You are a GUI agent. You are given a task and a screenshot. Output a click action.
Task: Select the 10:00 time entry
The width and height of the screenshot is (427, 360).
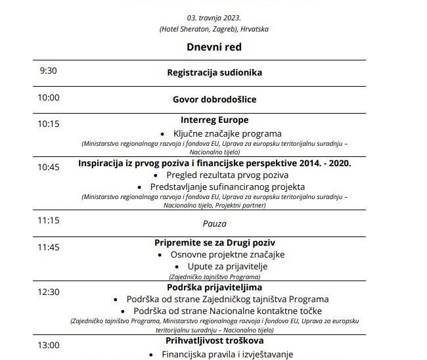click(49, 98)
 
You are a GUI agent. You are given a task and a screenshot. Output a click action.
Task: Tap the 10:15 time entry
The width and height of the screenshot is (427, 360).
click(49, 123)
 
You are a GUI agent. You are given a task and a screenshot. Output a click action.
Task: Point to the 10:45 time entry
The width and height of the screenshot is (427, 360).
click(49, 167)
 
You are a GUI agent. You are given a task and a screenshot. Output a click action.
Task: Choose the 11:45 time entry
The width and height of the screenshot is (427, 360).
click(49, 248)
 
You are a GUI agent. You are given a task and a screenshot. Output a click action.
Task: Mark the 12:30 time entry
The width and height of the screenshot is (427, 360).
click(49, 292)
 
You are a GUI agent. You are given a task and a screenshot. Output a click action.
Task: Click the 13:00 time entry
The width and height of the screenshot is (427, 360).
click(49, 344)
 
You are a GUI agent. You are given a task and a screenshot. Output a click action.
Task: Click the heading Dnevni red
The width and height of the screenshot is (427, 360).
click(213, 47)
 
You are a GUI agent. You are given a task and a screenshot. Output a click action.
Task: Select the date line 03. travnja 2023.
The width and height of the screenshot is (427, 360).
click(213, 18)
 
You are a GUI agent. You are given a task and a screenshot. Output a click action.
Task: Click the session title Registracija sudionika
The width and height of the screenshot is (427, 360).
click(214, 72)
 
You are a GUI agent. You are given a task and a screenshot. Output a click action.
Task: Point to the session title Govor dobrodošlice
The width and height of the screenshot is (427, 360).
click(214, 99)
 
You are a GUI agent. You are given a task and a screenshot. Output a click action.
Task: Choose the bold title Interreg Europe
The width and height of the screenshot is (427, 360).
click(213, 120)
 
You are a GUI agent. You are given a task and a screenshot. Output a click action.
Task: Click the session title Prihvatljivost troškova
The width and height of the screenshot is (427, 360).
click(214, 342)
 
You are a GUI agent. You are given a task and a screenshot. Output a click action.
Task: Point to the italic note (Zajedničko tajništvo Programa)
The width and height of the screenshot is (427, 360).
click(214, 277)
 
